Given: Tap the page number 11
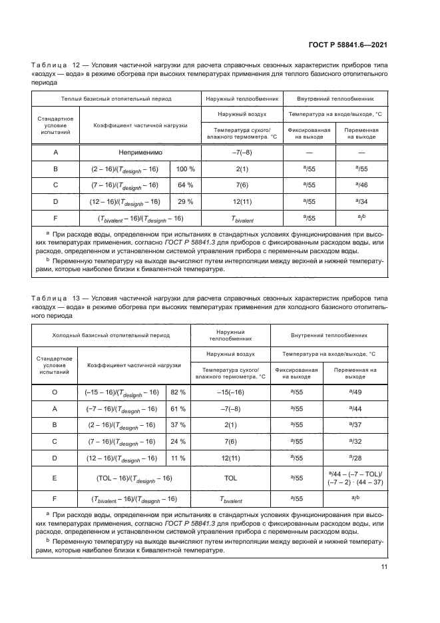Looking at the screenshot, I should click(x=384, y=567).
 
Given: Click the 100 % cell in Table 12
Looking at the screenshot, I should click(x=185, y=169).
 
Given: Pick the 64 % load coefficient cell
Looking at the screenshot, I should click(x=185, y=185).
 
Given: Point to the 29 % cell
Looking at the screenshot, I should click(x=185, y=201).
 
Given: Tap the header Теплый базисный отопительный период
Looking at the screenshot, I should click(x=116, y=99).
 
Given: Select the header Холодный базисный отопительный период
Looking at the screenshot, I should click(x=112, y=336).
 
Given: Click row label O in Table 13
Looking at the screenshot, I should click(x=55, y=392).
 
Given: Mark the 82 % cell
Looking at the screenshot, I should click(x=178, y=392).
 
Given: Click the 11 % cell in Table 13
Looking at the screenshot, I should click(x=178, y=458).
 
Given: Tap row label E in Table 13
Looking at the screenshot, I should click(x=55, y=478).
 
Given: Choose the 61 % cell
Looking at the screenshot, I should click(x=178, y=409).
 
